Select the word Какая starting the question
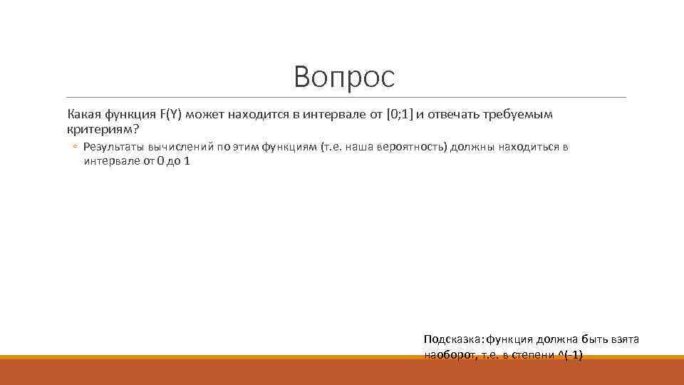pos(84,114)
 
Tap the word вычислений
pos(180,147)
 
